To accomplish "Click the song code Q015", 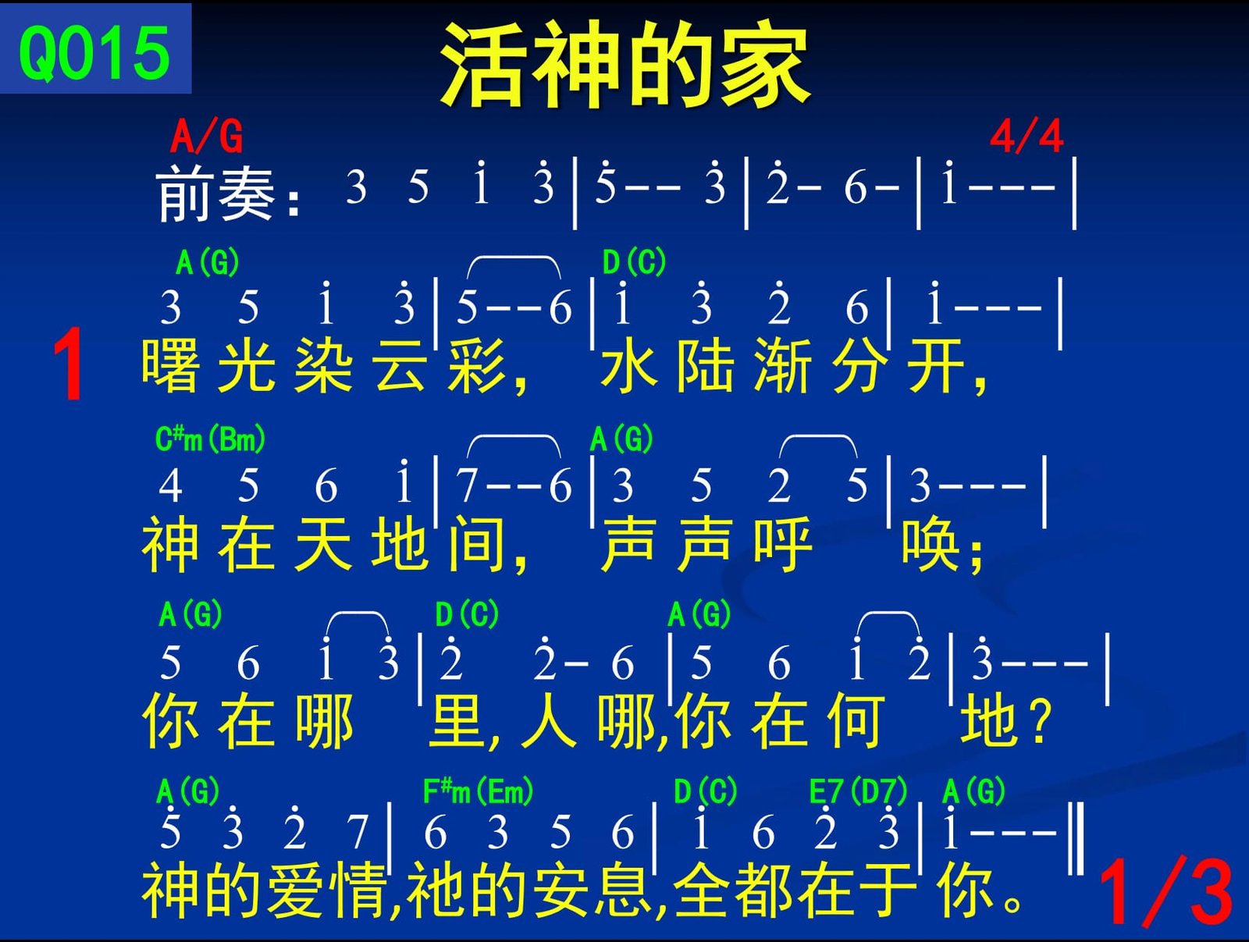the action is pyautogui.click(x=94, y=53).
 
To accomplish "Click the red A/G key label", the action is pyautogui.click(x=207, y=136).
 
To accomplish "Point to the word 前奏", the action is pyautogui.click(x=215, y=194).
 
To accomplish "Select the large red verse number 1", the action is pyautogui.click(x=68, y=364).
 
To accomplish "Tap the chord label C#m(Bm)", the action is pyautogui.click(x=210, y=439).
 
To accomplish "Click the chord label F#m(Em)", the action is pyautogui.click(x=478, y=791).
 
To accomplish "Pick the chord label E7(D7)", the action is pyautogui.click(x=857, y=791).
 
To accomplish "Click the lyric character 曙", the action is pyautogui.click(x=170, y=365).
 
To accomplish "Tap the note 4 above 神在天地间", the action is pyautogui.click(x=170, y=486).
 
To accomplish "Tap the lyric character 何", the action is pyautogui.click(x=856, y=720).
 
